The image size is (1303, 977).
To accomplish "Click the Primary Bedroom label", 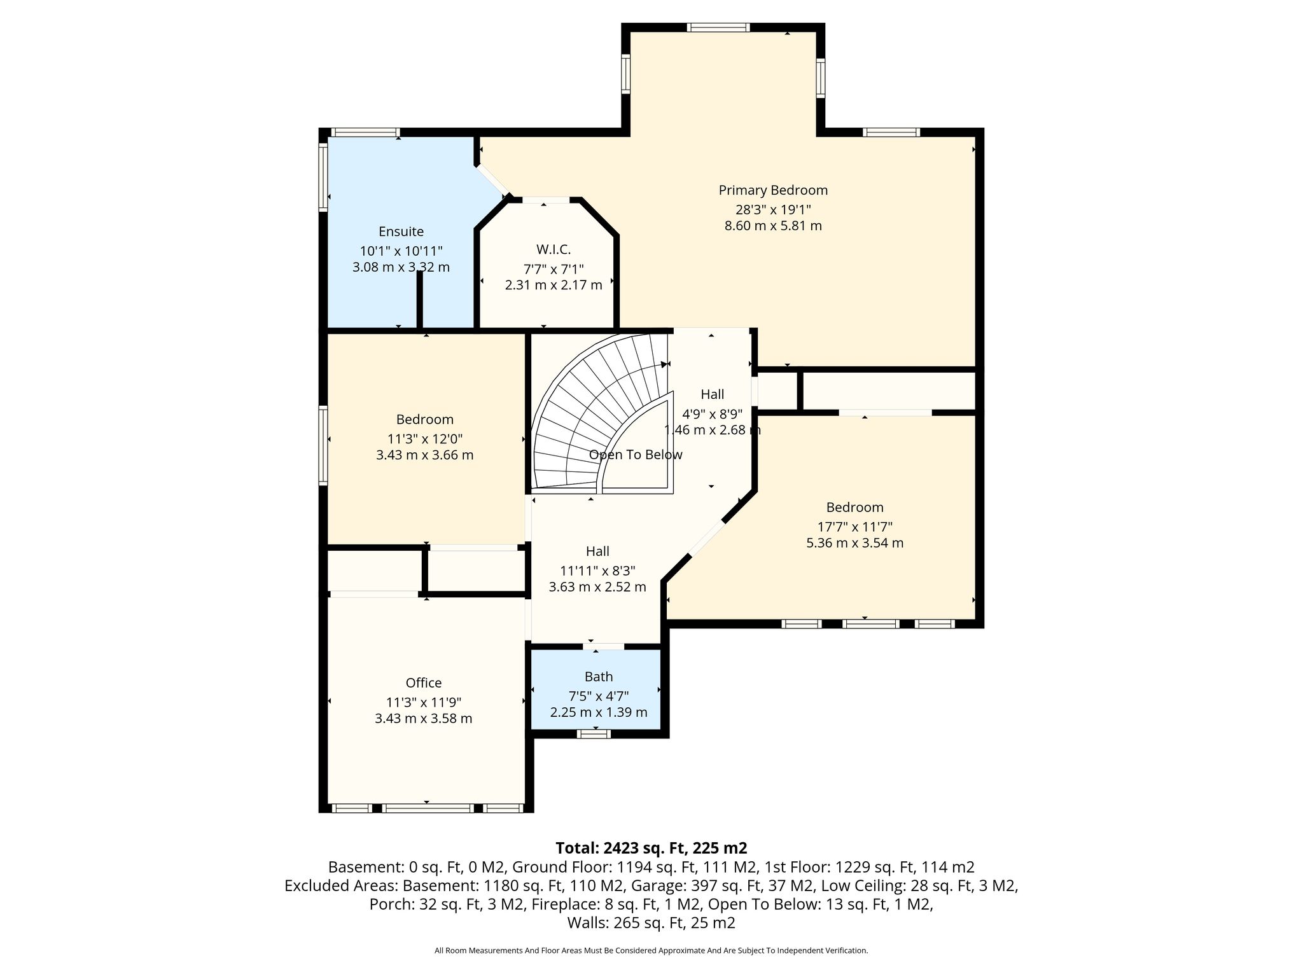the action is pyautogui.click(x=773, y=190).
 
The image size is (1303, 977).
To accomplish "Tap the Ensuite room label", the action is pyautogui.click(x=401, y=232).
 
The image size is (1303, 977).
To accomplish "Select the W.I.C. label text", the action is pyautogui.click(x=554, y=250).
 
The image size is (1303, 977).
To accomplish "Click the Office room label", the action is pyautogui.click(x=424, y=683).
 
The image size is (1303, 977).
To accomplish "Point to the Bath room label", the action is pyautogui.click(x=599, y=677).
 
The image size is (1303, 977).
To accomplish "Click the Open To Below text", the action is pyautogui.click(x=636, y=455).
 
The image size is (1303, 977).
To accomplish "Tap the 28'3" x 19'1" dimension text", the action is pyautogui.click(x=773, y=209).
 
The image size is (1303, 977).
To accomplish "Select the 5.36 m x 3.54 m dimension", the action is pyautogui.click(x=854, y=543).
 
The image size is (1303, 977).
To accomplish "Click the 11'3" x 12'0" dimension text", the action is pyautogui.click(x=424, y=439).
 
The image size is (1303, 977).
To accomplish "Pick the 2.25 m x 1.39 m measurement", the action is pyautogui.click(x=599, y=712).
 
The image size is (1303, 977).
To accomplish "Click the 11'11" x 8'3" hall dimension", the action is pyautogui.click(x=597, y=571).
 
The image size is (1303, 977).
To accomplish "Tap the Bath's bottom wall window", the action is pyautogui.click(x=594, y=734).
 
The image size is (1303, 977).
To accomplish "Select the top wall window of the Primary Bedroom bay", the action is pyautogui.click(x=718, y=27).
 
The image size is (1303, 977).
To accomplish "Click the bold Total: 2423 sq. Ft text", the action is pyautogui.click(x=651, y=848).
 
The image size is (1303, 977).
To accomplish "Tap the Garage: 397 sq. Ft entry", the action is pyautogui.click(x=756, y=885).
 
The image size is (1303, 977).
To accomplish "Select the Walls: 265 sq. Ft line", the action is pyautogui.click(x=651, y=922).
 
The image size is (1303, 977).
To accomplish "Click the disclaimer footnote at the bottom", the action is pyautogui.click(x=651, y=950).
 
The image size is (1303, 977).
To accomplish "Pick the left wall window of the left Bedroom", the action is pyautogui.click(x=323, y=445).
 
